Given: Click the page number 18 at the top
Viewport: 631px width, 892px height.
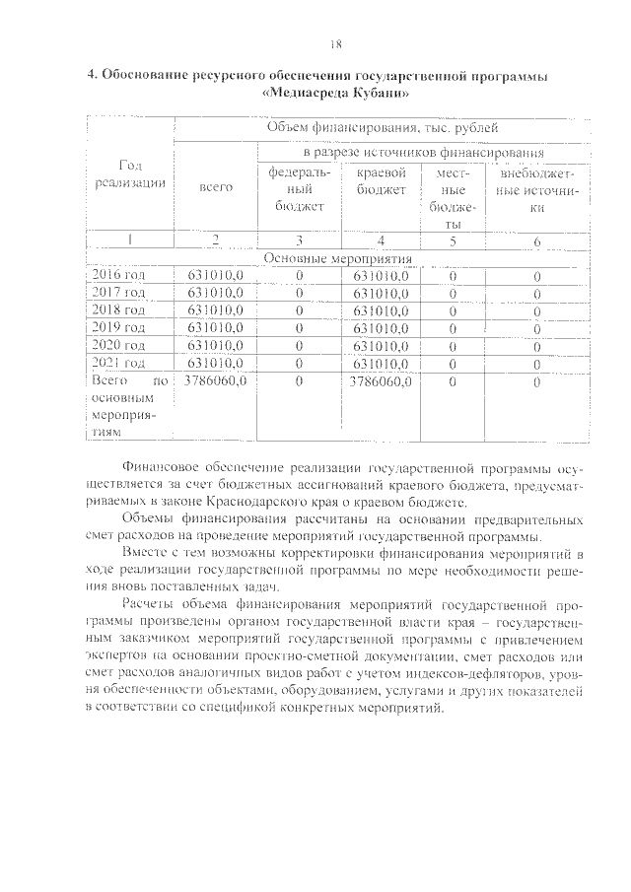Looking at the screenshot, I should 335,43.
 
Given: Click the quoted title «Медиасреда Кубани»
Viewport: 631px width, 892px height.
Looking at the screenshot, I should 335,93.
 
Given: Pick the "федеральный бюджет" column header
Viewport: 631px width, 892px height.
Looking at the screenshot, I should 300,188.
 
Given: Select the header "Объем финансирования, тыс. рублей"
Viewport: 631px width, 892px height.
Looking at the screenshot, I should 383,128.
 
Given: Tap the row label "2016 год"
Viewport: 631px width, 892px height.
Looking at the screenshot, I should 118,276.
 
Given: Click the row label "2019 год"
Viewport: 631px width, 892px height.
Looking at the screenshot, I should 118,326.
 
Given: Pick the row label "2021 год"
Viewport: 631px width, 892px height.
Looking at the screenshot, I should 118,362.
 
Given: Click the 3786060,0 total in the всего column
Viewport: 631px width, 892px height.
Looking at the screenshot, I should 215,379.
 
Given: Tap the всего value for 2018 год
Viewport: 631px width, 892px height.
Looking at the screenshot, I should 215,309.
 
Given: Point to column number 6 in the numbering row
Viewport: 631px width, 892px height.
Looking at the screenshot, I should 537,240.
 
